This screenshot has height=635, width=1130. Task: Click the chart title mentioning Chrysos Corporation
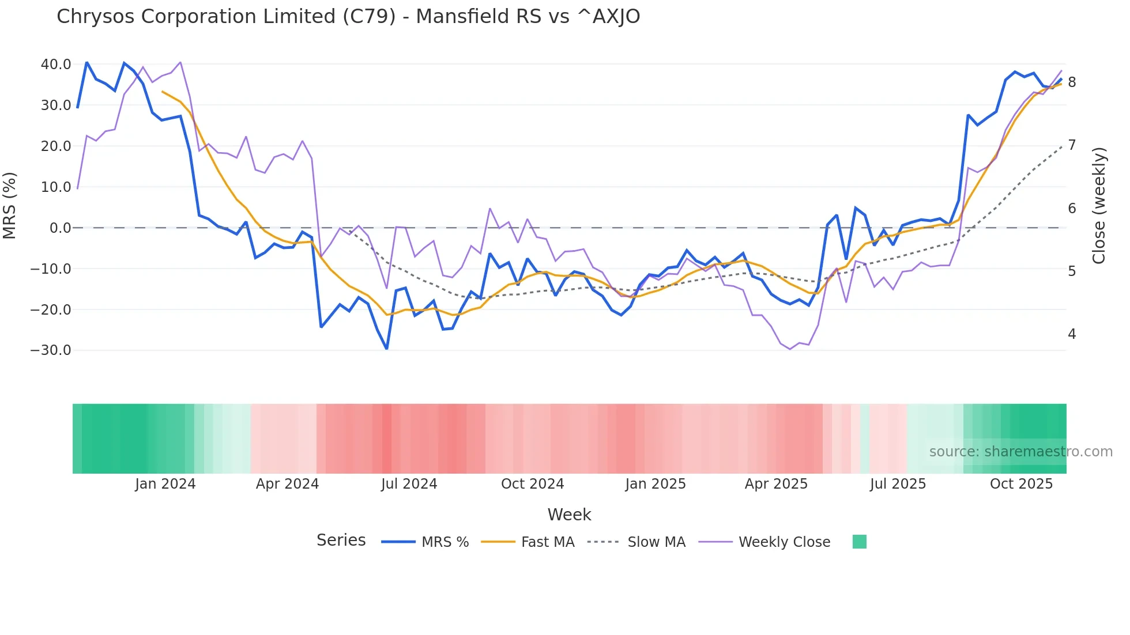[x=348, y=17]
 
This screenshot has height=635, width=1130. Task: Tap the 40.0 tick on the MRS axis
[x=56, y=65]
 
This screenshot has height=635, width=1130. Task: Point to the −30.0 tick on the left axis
[x=51, y=350]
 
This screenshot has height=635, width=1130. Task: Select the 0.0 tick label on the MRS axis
[x=60, y=228]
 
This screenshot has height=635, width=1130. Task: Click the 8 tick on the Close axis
[x=1072, y=82]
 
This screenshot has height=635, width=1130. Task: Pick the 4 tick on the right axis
[x=1072, y=334]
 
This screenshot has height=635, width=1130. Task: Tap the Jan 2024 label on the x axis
[x=165, y=484]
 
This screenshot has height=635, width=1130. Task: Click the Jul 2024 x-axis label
[x=409, y=484]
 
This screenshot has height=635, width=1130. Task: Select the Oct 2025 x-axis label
[x=1021, y=484]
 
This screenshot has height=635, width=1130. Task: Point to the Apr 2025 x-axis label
[x=776, y=484]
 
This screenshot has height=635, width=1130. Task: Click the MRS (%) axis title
[x=10, y=206]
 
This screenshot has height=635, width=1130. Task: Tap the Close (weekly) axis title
[x=1099, y=206]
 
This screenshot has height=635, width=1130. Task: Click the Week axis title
[x=569, y=515]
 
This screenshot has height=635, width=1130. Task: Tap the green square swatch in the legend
[x=859, y=542]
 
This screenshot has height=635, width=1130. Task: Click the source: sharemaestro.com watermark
[x=1020, y=452]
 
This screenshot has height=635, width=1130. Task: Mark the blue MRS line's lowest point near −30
[x=386, y=349]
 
